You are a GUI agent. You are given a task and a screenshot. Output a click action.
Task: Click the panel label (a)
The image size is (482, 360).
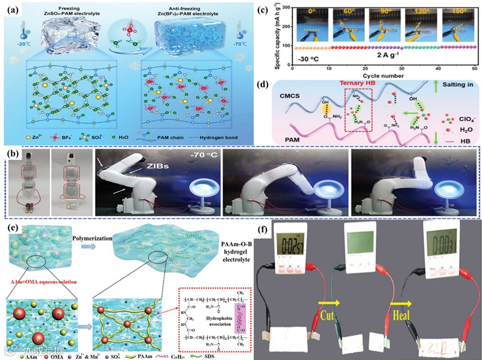13,9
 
